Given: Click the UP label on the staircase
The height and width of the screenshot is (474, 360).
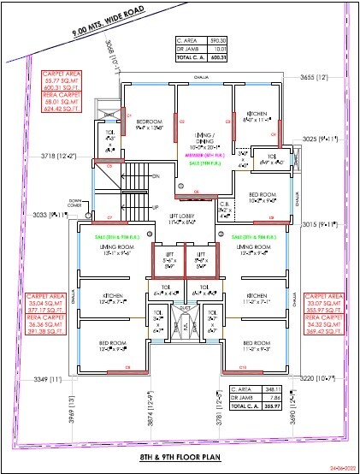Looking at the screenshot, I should tap(156, 208).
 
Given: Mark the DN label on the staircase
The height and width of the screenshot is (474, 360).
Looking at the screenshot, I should tap(156, 175).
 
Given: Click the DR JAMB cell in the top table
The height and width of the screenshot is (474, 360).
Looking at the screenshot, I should tap(190, 49).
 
